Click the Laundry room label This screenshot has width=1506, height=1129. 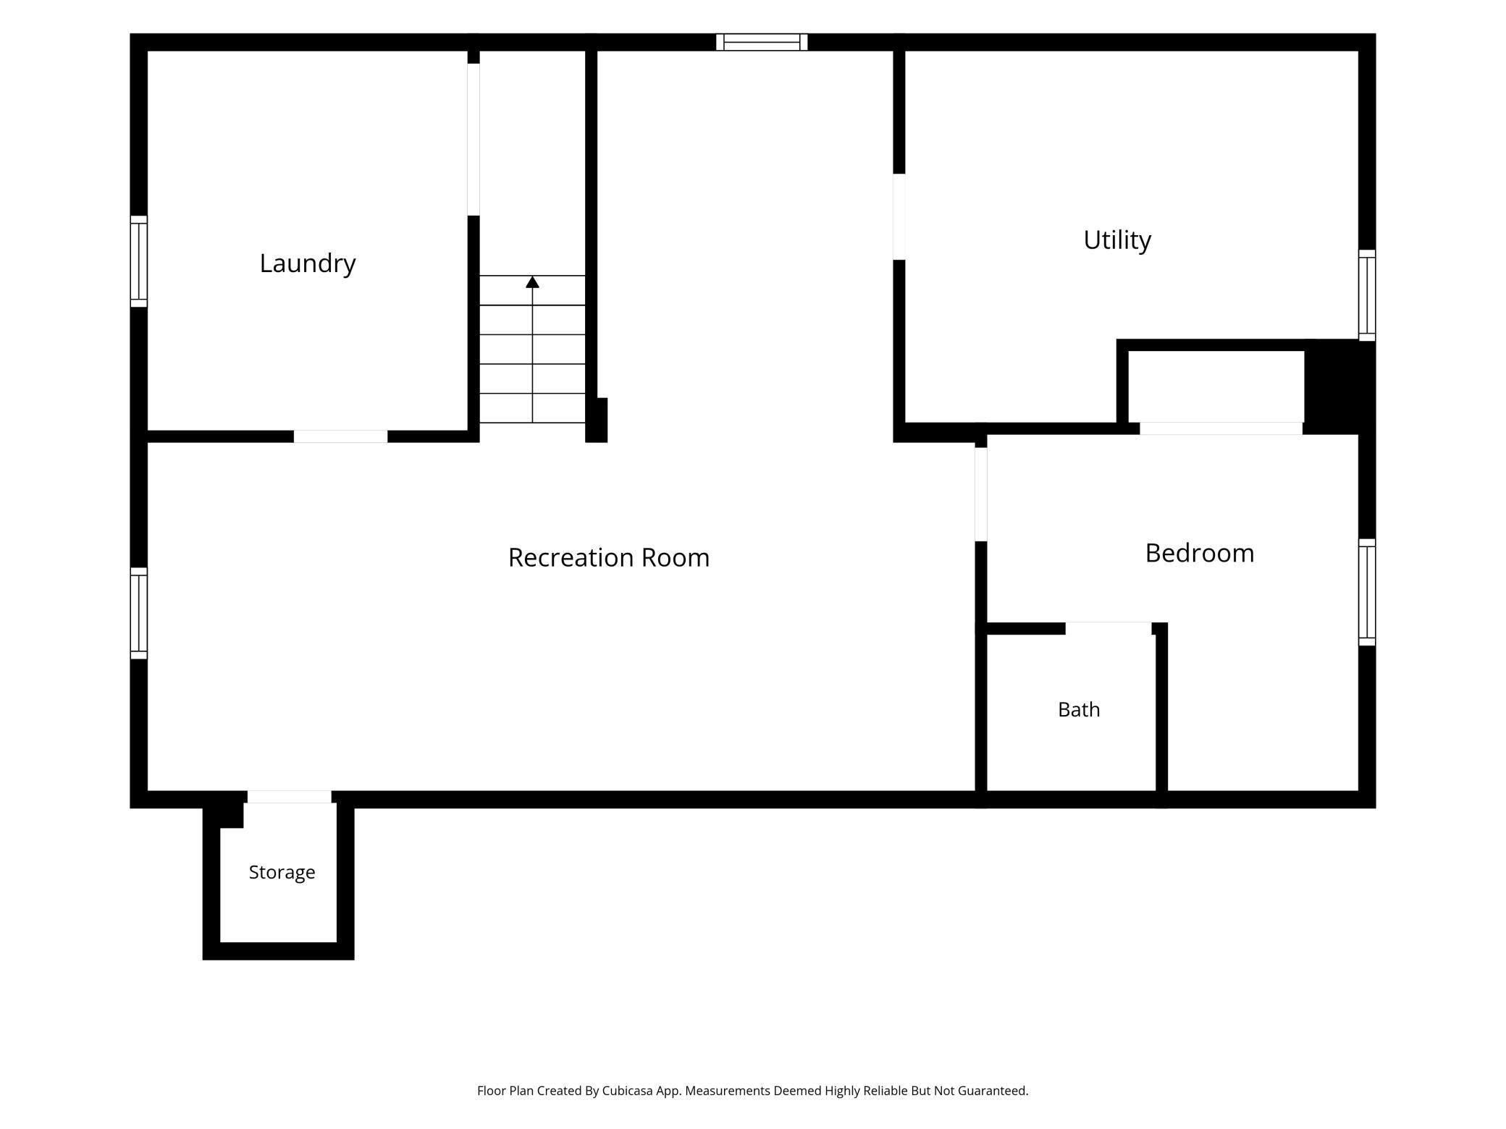tap(308, 263)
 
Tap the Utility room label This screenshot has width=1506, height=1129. tap(1117, 240)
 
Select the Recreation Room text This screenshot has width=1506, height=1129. tap(609, 557)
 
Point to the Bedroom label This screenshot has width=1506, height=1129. tap(1200, 553)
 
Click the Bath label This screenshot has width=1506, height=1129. tap(1079, 710)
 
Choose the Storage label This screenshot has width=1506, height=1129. tap(282, 873)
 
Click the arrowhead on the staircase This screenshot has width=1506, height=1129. tap(532, 282)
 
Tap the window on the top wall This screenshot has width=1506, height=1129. tap(762, 42)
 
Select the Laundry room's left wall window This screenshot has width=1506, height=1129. tap(139, 261)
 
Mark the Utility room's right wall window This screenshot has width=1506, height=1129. tap(1367, 295)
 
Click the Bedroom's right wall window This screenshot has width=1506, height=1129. tap(1367, 592)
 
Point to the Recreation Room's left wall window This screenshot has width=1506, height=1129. tap(139, 613)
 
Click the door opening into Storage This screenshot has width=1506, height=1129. tap(290, 797)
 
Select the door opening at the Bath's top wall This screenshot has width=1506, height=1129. tap(1109, 628)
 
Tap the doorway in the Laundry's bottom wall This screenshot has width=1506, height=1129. tap(340, 436)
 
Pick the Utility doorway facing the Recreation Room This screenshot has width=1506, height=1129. tap(899, 216)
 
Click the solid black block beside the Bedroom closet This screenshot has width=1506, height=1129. tap(1339, 386)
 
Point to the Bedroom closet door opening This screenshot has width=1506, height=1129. tap(1221, 428)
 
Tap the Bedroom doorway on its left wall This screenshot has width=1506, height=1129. tap(981, 494)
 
